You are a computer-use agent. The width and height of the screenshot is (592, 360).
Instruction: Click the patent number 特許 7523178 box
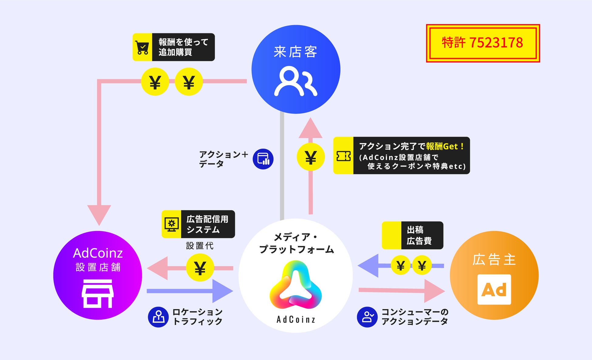(483, 43)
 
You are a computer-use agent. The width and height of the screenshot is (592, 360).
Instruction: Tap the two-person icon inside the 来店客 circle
(295, 81)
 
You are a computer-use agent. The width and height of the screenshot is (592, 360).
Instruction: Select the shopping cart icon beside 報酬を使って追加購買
(142, 47)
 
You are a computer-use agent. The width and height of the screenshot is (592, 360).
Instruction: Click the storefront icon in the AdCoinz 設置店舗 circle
(97, 294)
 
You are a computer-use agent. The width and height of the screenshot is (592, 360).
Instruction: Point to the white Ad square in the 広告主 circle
(494, 290)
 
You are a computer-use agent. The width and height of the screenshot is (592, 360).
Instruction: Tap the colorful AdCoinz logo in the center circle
(295, 285)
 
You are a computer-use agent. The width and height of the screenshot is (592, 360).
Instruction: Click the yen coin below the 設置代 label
(200, 268)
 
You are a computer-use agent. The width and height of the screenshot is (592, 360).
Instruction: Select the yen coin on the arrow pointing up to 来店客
(311, 157)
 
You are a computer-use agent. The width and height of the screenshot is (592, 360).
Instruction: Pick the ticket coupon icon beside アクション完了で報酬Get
(343, 156)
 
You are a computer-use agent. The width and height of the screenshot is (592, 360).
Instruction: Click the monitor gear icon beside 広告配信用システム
(172, 224)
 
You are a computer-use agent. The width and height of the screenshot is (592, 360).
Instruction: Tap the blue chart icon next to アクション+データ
(263, 159)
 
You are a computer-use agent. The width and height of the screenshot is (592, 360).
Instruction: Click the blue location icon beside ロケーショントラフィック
(158, 317)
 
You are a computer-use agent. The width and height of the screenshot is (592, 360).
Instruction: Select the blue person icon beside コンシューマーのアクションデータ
(367, 317)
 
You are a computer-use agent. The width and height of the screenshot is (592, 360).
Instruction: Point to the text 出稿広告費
(419, 235)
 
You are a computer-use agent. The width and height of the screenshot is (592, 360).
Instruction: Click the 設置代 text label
(199, 246)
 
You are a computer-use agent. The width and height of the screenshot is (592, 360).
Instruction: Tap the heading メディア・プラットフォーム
(296, 243)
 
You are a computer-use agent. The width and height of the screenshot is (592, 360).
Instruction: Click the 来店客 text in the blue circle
(295, 52)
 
